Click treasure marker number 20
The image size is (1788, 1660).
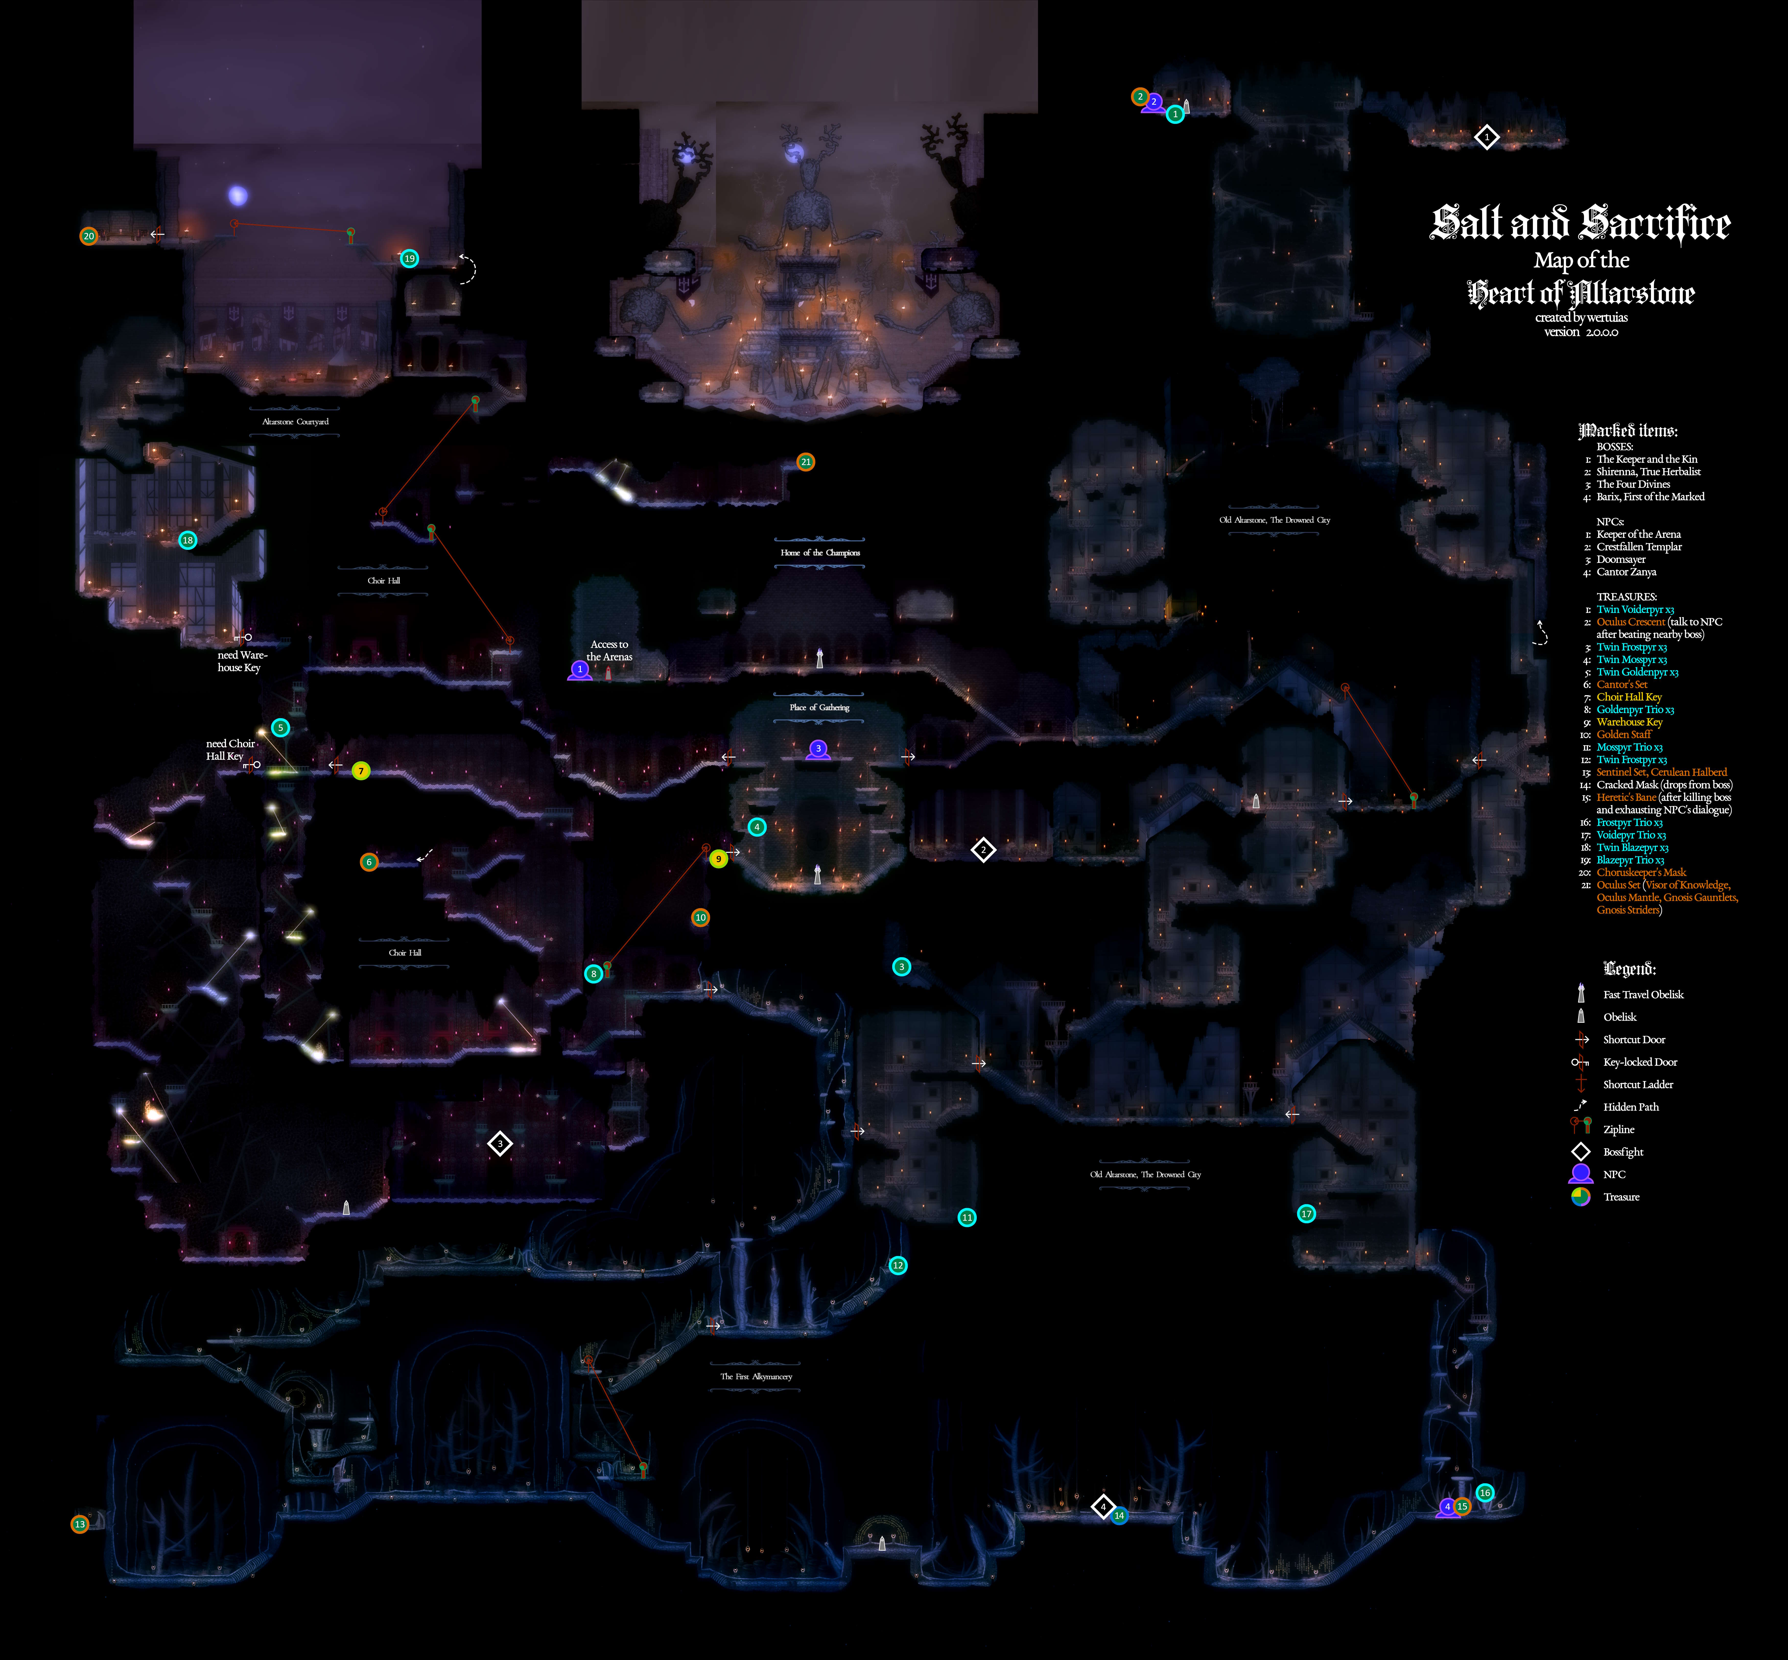[88, 236]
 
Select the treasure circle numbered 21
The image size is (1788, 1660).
[805, 462]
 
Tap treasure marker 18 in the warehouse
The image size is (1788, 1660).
[187, 540]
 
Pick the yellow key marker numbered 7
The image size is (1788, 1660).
[360, 771]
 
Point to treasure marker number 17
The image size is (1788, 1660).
[1307, 1214]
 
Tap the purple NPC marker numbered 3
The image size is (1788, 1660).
[818, 748]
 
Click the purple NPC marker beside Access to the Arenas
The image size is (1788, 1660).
[580, 669]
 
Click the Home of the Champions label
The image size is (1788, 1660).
[819, 552]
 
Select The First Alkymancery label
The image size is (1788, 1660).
[756, 1376]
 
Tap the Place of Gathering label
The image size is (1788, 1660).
[819, 707]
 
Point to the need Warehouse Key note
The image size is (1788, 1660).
[242, 661]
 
